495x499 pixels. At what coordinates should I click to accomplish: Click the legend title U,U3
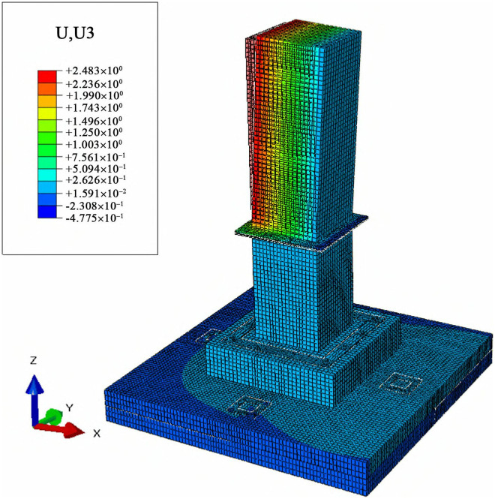[x=75, y=33]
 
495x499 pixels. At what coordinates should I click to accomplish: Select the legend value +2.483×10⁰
[x=94, y=71]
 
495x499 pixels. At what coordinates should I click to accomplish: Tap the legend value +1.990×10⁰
[x=94, y=96]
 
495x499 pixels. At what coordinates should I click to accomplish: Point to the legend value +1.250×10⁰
[x=94, y=132]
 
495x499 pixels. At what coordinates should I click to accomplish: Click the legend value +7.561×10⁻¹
[x=95, y=158]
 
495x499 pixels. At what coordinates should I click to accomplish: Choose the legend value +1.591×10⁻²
[x=96, y=193]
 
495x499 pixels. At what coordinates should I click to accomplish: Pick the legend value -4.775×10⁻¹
[x=94, y=218]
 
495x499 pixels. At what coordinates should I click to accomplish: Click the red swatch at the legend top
[x=47, y=77]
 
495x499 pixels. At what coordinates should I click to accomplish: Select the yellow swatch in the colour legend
[x=47, y=113]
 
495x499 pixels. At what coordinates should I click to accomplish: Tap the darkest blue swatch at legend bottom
[x=47, y=212]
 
